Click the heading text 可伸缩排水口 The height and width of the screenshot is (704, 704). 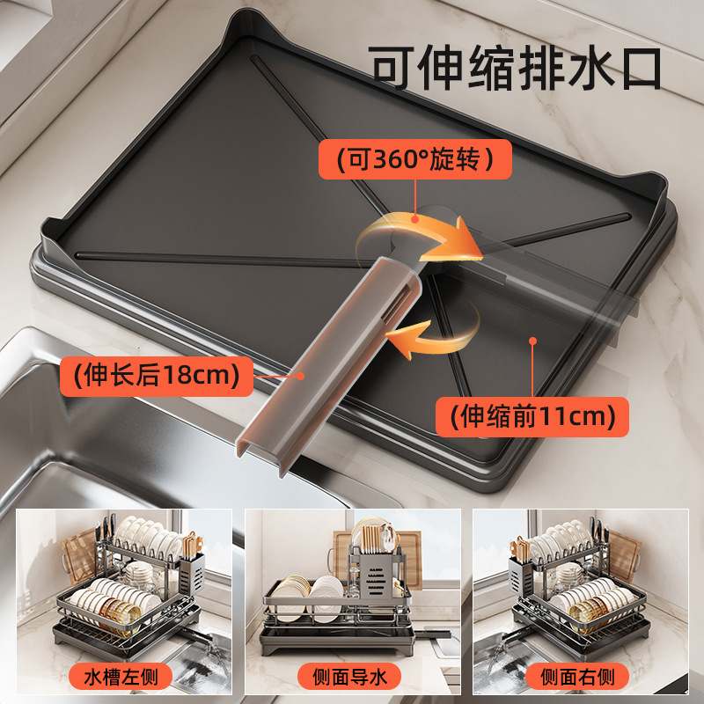515,68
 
